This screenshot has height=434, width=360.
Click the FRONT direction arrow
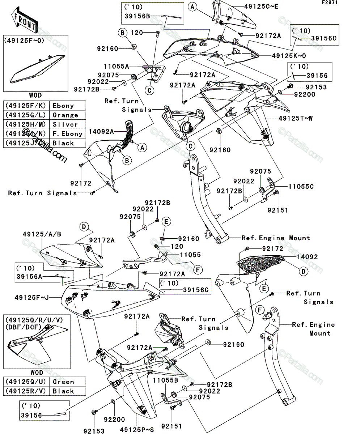[24, 20]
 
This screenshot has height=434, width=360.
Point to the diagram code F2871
[330, 3]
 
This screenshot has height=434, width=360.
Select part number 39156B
[137, 16]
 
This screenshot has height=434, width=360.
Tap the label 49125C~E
[261, 7]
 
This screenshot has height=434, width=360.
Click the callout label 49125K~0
[289, 56]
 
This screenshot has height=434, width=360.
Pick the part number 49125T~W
[296, 118]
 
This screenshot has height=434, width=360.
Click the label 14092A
[101, 132]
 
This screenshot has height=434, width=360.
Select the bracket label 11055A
[117, 67]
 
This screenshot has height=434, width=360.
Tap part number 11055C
[301, 187]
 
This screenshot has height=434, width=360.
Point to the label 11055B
[166, 380]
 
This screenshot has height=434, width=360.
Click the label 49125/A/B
[42, 234]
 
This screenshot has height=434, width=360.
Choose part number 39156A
[29, 276]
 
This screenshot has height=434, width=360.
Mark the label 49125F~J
[31, 298]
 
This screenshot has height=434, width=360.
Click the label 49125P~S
[137, 430]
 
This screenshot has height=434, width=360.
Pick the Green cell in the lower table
[68, 382]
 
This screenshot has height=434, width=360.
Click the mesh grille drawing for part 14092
[260, 264]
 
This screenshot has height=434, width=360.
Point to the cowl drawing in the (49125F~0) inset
[37, 69]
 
